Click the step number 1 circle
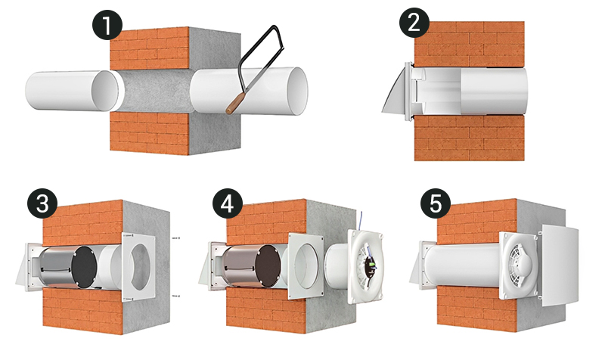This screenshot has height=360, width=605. (x=107, y=25)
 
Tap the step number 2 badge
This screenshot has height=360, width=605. (x=414, y=23)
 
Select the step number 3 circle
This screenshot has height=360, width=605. (x=42, y=203)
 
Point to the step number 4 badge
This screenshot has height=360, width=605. (x=228, y=203)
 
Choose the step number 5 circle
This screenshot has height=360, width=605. (x=436, y=203)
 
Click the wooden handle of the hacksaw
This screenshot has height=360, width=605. (x=235, y=103)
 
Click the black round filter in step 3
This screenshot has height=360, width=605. (x=85, y=268)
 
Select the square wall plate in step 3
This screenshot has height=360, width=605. (x=138, y=265)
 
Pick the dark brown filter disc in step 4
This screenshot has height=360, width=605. (x=269, y=266)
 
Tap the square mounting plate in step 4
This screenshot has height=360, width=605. (x=306, y=267)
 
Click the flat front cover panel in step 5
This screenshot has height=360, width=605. (x=560, y=266)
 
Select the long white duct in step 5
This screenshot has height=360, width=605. (x=462, y=265)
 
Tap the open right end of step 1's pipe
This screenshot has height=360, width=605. (x=298, y=91)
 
